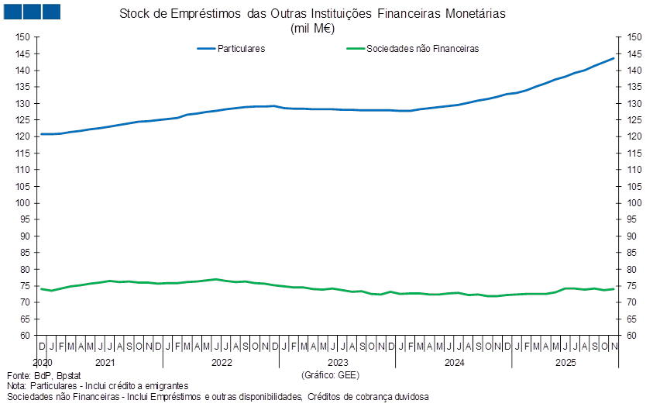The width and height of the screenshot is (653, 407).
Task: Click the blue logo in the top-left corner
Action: [32, 11]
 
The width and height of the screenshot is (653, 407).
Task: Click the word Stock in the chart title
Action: [136, 15]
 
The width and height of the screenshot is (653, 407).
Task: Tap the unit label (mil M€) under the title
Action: [312, 28]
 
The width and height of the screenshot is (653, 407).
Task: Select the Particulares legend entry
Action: [232, 48]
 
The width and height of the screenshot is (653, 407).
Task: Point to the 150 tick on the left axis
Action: [22, 37]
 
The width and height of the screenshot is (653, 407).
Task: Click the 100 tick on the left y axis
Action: [22, 203]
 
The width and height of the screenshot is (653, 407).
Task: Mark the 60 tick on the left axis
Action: [24, 336]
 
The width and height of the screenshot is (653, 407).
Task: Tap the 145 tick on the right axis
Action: [635, 53]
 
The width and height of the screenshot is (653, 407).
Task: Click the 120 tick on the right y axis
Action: [635, 136]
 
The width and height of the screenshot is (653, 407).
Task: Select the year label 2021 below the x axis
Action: [105, 362]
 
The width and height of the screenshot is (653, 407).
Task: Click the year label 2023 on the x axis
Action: [338, 362]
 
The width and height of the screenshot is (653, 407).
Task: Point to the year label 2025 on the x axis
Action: [566, 362]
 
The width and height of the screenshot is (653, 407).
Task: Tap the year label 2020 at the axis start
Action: [43, 362]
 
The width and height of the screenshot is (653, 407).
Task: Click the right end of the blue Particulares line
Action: [615, 58]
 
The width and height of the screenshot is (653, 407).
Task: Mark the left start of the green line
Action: [40, 289]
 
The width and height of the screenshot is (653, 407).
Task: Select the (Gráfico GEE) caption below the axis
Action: [330, 375]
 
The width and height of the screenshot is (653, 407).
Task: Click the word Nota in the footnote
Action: [15, 385]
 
